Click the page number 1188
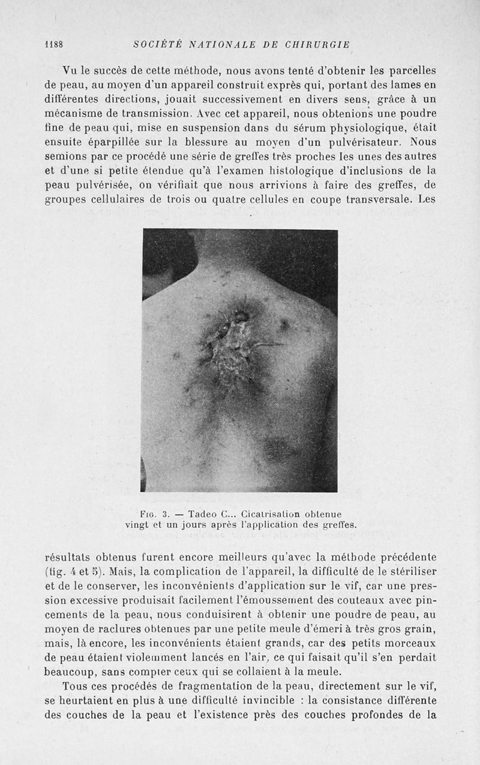tap(54, 44)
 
